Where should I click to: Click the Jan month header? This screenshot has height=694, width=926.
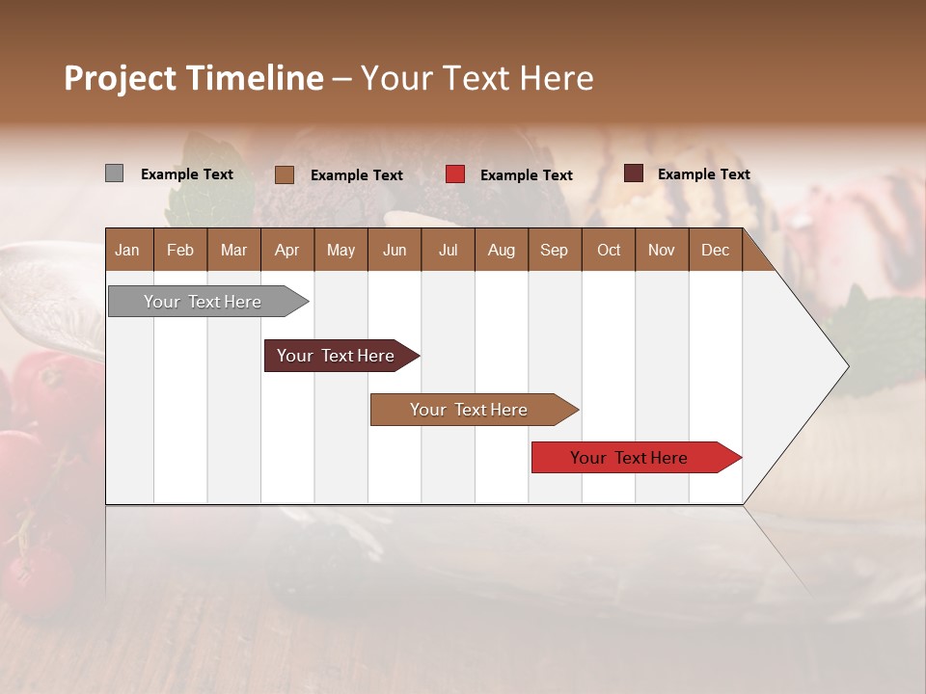pos(127,250)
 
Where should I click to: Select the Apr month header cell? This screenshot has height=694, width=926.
pos(286,250)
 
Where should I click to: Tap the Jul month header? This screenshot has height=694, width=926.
pos(448,250)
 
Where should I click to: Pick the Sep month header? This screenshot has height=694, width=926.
pos(554,250)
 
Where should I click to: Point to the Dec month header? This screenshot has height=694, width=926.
pos(715,250)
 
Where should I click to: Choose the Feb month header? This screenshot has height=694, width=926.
pos(180,250)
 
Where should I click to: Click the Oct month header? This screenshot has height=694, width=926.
pos(609,250)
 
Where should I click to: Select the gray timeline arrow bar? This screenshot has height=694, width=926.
pos(204,302)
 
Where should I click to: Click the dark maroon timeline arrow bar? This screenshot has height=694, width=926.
pos(337,356)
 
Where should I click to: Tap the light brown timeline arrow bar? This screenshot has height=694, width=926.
pos(470,410)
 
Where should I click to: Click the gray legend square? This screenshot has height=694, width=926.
pos(114,173)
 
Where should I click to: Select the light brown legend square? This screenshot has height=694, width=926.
pos(284,174)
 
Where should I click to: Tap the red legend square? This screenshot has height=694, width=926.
pos(455,174)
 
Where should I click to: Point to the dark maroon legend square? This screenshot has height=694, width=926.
pos(633,173)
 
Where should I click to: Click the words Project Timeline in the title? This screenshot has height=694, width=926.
pos(194,78)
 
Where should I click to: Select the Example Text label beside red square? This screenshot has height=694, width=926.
pos(527,175)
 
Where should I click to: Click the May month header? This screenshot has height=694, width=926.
pos(340,250)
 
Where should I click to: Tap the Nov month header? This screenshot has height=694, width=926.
pos(662,250)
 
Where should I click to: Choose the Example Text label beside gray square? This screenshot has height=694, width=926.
pos(187,174)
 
